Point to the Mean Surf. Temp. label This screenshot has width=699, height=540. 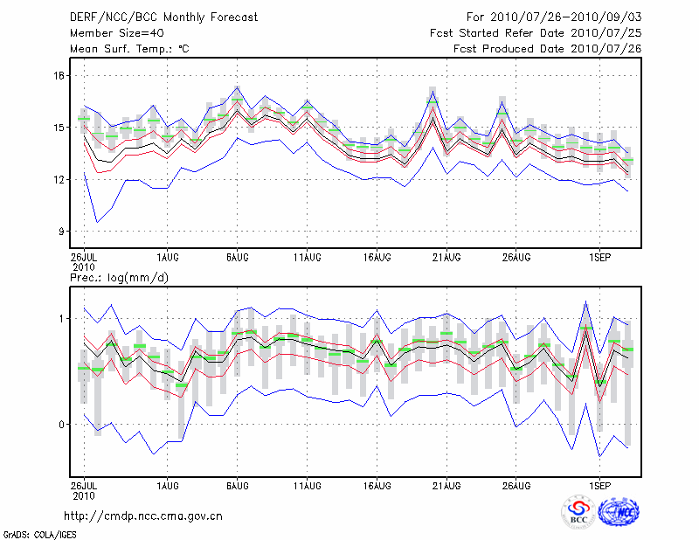click(x=128, y=49)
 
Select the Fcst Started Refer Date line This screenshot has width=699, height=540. click(x=536, y=33)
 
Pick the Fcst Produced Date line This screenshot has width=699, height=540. click(x=547, y=49)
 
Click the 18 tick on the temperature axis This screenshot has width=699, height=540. click(x=58, y=76)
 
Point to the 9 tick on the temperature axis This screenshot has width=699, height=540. click(x=61, y=232)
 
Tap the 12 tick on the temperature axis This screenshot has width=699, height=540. click(x=58, y=180)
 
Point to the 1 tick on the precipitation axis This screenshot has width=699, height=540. click(x=62, y=319)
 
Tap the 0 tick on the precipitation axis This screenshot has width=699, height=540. click(x=62, y=425)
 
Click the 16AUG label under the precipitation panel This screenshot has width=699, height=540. click(x=377, y=484)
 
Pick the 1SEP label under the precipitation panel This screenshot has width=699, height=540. click(x=599, y=484)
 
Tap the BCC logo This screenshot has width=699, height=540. click(x=578, y=512)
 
